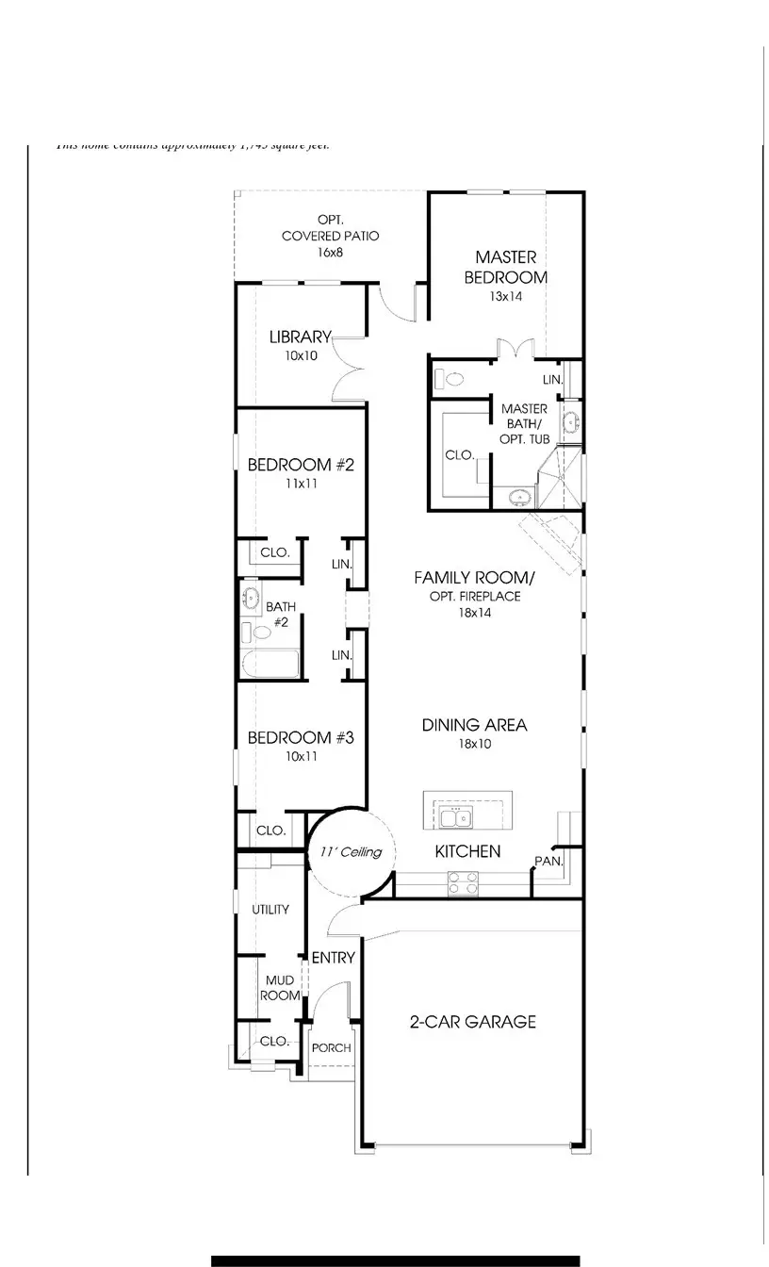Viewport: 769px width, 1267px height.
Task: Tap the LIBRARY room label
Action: [x=300, y=337]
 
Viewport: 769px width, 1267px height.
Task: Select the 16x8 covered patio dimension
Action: [x=330, y=253]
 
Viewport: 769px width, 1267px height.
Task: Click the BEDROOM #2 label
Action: [x=300, y=465]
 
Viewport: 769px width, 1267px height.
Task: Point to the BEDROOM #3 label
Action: [x=300, y=737]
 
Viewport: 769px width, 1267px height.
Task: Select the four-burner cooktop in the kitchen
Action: [x=463, y=882]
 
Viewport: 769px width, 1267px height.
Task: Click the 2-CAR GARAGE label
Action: [x=472, y=1021]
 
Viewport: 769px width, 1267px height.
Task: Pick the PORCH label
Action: [x=331, y=1047]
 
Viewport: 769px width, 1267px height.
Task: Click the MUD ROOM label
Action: [x=280, y=988]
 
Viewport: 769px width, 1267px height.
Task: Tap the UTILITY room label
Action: [x=270, y=910]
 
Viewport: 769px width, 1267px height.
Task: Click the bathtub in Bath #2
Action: [x=270, y=663]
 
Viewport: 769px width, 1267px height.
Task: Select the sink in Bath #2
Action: [x=252, y=597]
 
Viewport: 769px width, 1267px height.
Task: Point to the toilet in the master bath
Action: [x=450, y=380]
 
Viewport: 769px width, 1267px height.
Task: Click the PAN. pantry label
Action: [x=548, y=861]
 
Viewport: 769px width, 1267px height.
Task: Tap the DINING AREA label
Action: [x=474, y=725]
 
